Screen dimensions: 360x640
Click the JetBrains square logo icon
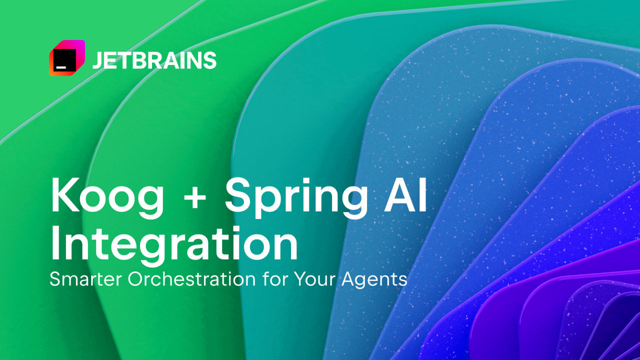66,58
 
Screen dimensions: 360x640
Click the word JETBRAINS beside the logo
154,60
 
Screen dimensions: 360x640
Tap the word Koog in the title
107,196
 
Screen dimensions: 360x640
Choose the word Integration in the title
174,243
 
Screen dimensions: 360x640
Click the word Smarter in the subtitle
86,278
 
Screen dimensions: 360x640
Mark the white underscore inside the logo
61,65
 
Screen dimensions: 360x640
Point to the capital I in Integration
55,243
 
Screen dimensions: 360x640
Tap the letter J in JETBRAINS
96,60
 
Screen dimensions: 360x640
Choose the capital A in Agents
348,278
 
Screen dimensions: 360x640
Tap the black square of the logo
64,60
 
